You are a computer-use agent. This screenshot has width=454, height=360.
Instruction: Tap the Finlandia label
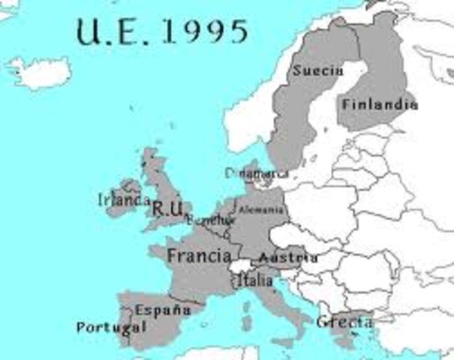(379, 105)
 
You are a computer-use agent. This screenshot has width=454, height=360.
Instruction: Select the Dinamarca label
(256, 173)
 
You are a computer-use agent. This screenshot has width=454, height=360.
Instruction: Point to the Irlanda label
(124, 200)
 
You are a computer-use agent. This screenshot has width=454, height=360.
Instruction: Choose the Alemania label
(261, 210)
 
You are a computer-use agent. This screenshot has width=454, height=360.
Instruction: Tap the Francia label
(199, 256)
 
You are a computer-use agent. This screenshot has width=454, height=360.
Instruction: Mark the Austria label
(287, 258)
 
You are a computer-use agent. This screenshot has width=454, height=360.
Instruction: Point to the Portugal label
(110, 327)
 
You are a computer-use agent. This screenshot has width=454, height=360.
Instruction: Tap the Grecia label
(344, 322)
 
